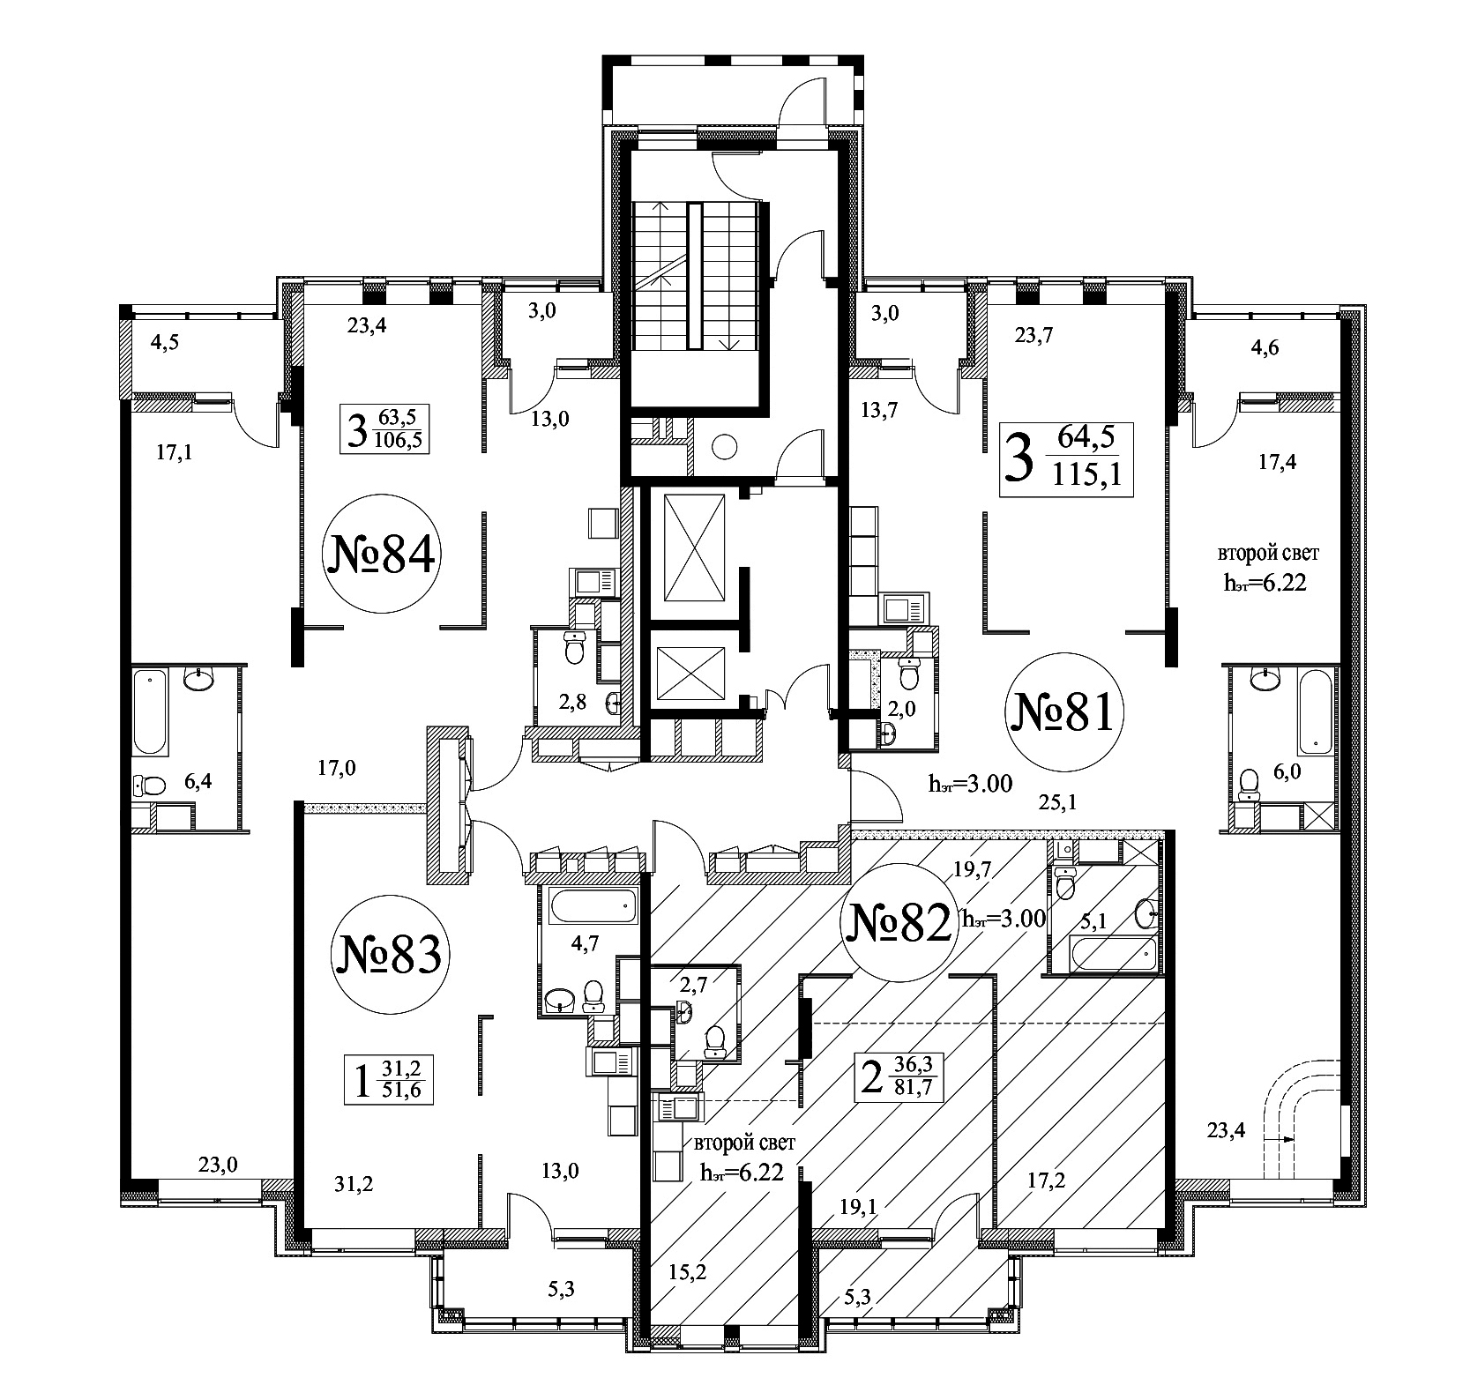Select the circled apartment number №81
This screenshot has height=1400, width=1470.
pos(1065,714)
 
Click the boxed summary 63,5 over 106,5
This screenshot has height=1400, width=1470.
pos(384,428)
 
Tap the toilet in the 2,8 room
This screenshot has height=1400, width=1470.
pos(575,650)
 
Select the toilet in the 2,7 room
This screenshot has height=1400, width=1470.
pos(715,1041)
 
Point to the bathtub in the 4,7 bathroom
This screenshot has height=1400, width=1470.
pos(593,905)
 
